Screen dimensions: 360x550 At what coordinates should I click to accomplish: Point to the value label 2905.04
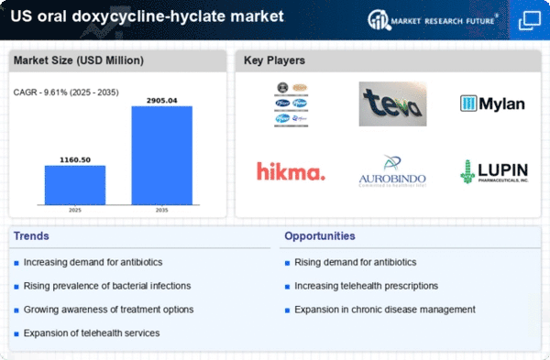[x=162, y=99]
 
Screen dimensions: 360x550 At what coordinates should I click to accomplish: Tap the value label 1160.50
[x=75, y=158]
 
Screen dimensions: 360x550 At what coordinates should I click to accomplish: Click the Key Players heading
[x=274, y=60]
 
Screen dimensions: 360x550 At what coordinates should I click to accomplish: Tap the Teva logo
[x=391, y=104]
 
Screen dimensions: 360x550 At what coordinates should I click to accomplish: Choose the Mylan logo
[x=492, y=104]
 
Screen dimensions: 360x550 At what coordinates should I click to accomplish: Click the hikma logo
[x=291, y=171]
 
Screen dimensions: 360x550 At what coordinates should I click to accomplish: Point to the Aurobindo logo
[x=391, y=171]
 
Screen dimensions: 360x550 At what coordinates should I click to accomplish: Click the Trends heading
[x=33, y=236]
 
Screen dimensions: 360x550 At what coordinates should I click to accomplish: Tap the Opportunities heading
[x=319, y=236]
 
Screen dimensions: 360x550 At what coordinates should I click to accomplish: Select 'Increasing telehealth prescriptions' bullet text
[x=367, y=286]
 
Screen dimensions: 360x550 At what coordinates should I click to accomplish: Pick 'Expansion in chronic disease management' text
[x=385, y=309]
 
